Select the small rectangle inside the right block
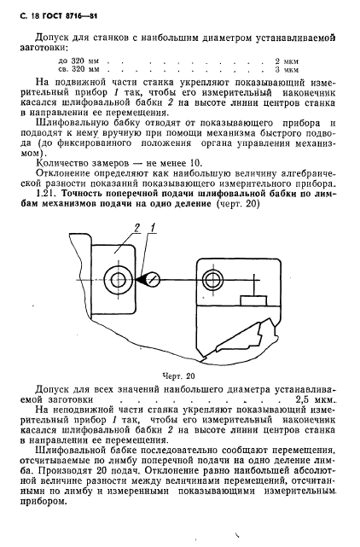253,300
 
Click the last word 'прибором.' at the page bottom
55,503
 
